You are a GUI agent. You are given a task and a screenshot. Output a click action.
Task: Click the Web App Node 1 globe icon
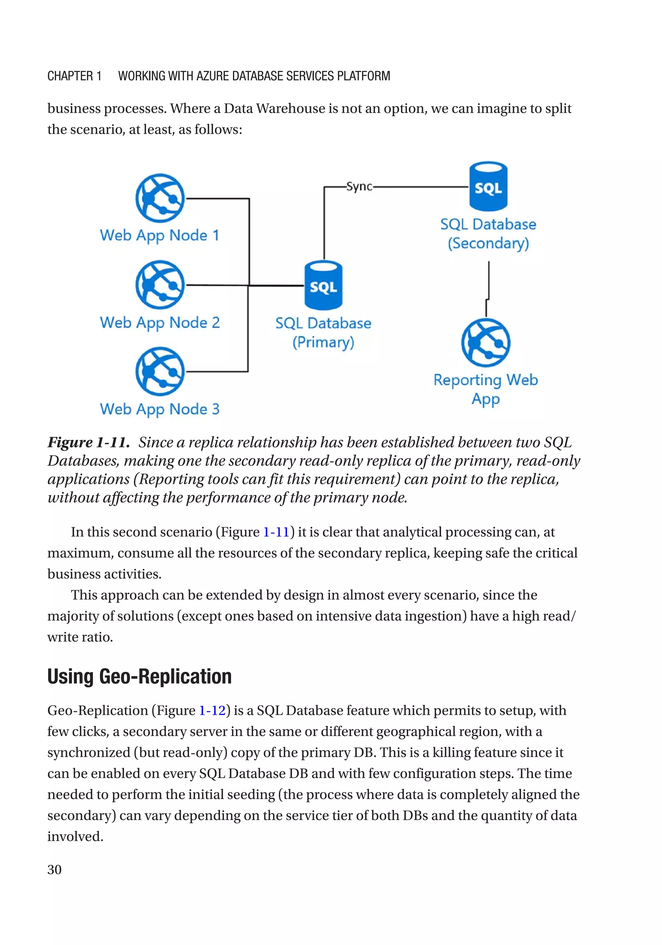[160, 198]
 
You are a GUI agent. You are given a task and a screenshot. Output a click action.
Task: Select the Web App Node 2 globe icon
[160, 285]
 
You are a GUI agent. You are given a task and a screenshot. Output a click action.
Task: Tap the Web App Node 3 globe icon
[160, 371]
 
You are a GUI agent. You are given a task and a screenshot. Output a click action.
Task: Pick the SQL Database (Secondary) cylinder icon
[488, 186]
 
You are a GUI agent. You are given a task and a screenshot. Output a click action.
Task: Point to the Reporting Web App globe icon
[486, 342]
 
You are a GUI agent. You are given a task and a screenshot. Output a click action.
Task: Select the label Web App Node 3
[160, 409]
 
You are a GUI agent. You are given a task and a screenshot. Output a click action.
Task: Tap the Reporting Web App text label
[486, 389]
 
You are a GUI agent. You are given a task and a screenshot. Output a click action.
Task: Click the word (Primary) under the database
[323, 342]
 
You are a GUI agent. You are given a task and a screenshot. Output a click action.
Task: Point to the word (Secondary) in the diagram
[488, 243]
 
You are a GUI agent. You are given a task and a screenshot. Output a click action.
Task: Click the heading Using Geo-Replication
[139, 676]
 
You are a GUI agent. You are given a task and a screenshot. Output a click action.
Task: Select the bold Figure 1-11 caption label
[88, 442]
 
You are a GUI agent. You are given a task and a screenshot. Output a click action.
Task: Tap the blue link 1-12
[212, 711]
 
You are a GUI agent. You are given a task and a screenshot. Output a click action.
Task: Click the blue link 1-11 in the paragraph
[276, 532]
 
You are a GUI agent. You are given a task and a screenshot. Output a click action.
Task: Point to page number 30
[54, 870]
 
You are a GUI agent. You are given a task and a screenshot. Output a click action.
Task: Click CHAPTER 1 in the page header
[74, 76]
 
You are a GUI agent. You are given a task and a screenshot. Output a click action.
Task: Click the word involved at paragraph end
[75, 837]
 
